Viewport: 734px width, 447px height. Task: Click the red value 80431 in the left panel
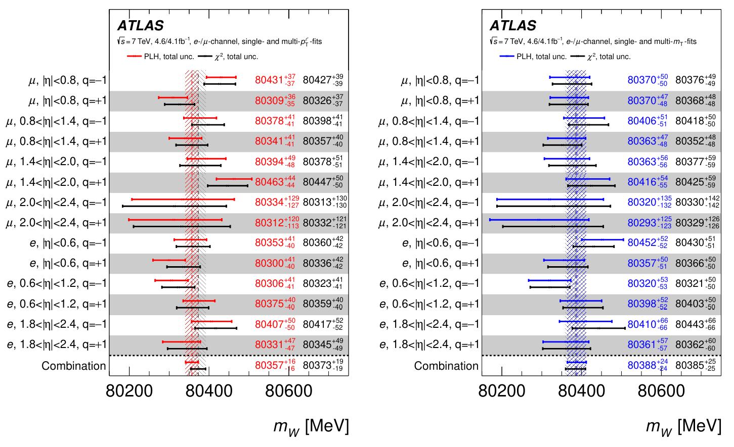point(269,80)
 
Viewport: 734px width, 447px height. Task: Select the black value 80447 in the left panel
point(317,182)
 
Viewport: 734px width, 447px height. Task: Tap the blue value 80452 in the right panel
point(641,243)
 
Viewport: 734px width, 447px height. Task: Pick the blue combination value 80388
point(641,366)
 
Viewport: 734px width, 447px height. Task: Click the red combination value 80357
point(269,366)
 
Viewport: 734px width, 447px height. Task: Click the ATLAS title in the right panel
point(513,26)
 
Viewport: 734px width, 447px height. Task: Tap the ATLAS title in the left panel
point(141,26)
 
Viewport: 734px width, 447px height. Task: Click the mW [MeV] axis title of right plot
point(683,427)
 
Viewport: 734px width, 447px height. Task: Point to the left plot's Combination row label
point(74,366)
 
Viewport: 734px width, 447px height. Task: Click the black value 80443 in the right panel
point(689,325)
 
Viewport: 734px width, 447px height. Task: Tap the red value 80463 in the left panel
point(269,182)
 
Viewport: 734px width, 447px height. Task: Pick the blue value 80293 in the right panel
point(641,223)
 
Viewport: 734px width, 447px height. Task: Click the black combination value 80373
point(317,366)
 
